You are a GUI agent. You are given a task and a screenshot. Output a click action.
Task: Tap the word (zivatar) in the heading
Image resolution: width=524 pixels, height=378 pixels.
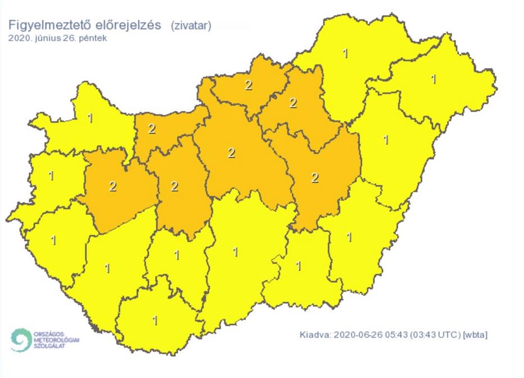[x=191, y=26]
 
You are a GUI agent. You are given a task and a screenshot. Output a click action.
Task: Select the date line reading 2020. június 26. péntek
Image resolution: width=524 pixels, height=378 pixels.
[x=57, y=38]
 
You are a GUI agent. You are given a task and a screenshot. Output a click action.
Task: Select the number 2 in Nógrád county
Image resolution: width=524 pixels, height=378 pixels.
[x=248, y=85]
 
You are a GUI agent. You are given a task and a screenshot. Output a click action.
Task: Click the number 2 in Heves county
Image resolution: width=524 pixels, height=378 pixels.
[x=293, y=103]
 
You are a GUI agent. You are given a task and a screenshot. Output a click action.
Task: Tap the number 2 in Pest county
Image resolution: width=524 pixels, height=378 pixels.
[x=231, y=153]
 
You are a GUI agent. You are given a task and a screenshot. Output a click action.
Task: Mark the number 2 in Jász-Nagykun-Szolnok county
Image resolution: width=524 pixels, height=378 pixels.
[x=315, y=178]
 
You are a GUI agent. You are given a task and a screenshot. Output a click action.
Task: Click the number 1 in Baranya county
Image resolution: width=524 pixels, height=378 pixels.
[x=155, y=321]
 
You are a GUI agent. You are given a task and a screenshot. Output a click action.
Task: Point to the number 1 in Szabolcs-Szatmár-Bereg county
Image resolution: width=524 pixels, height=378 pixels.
[x=433, y=79]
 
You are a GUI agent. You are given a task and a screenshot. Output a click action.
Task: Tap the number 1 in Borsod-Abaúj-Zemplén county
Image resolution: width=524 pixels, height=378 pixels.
[x=345, y=54]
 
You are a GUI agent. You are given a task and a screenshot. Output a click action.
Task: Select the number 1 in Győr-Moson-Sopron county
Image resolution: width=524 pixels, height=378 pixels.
[x=90, y=118]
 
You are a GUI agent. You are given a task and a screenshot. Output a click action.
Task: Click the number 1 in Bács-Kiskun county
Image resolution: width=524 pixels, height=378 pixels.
[x=235, y=252]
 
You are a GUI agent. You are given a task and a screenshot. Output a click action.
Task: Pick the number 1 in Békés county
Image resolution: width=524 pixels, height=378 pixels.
[x=349, y=237]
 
